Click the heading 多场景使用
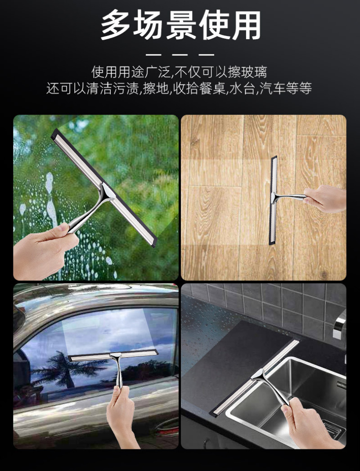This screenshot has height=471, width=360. [180, 25]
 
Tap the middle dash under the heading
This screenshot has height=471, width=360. [180, 55]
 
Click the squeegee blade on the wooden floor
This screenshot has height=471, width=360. [273, 199]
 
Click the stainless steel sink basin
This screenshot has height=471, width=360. [288, 399]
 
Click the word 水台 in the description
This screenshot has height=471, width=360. [242, 89]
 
